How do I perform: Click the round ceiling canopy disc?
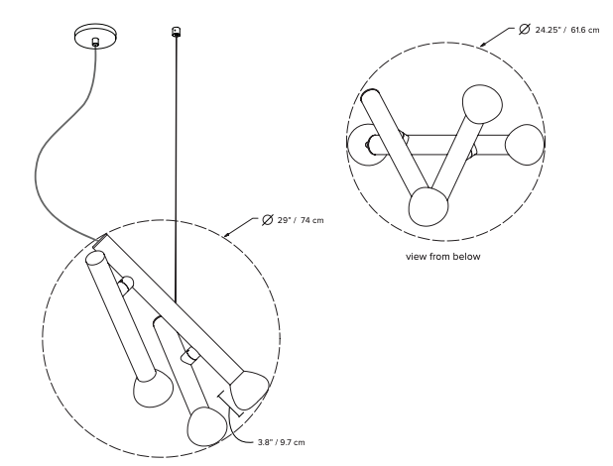tap(95, 36)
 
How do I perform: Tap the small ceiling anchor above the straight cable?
tap(177, 32)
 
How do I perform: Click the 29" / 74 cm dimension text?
tap(301, 220)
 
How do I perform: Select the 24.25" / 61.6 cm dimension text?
tap(566, 30)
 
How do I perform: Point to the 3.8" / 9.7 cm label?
tap(281, 442)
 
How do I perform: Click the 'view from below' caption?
tap(443, 257)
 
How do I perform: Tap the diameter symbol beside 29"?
tap(268, 220)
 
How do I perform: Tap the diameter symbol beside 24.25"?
tap(525, 29)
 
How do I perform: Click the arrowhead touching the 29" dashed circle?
tap(226, 235)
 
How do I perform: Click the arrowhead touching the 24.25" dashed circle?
tap(483, 44)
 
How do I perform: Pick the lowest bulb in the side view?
tap(206, 426)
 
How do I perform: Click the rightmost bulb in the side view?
tap(249, 391)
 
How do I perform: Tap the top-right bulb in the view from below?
tap(482, 104)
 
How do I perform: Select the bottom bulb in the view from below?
tap(429, 207)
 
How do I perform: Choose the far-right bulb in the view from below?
tap(525, 145)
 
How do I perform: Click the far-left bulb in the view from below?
tap(364, 145)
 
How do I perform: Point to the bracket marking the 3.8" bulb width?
tap(231, 404)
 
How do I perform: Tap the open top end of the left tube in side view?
tap(95, 258)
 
